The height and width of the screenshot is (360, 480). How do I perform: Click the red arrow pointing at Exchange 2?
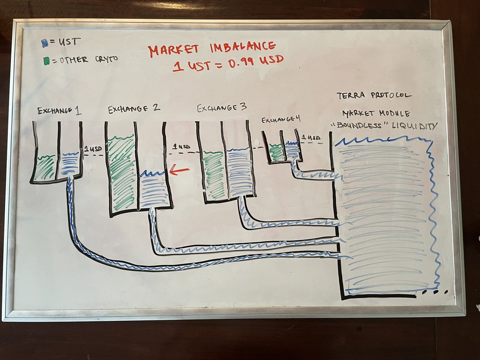179,171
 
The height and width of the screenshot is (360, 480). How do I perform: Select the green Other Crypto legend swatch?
46,60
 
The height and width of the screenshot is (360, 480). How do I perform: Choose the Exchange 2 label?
134,108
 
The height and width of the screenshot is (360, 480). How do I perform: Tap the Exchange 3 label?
222,108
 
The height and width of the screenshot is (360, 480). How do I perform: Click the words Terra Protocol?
374,96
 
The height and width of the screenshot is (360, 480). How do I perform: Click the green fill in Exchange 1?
45,167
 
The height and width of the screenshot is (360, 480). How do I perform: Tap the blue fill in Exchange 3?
239,173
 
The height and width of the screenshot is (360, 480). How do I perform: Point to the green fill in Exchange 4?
276,153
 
